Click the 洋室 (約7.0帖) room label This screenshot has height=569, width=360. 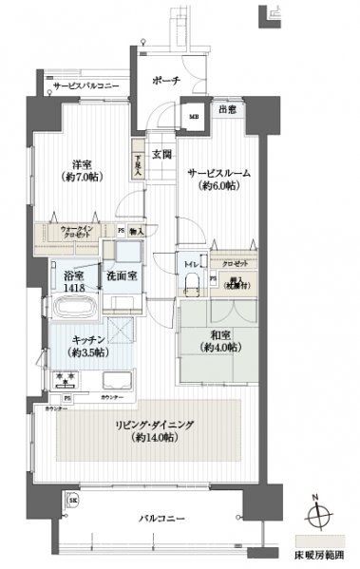pos(84,169)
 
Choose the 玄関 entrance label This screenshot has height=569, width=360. pos(161,153)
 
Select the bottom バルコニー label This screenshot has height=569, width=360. pos(159,518)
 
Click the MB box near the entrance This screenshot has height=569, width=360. pos(195,117)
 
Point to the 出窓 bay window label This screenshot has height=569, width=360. pos(228,110)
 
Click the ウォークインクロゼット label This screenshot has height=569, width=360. pos(76,233)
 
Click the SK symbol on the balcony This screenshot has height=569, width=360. pos(72,500)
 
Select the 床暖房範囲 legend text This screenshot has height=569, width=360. pos(319,553)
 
